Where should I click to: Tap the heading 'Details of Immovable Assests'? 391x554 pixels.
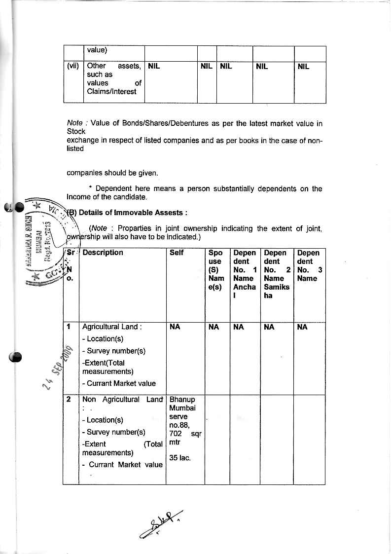click(x=133, y=213)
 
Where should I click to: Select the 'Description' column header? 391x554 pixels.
click(x=103, y=253)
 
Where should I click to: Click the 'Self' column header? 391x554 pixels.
click(x=177, y=253)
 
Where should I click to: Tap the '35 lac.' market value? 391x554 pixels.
click(x=180, y=458)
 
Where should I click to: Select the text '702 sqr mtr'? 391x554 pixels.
click(x=183, y=438)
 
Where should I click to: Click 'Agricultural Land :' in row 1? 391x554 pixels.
click(x=112, y=327)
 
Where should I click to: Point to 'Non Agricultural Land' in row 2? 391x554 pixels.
click(x=122, y=399)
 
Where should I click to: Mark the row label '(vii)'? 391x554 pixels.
click(x=73, y=66)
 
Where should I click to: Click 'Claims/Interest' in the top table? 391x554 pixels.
click(x=111, y=91)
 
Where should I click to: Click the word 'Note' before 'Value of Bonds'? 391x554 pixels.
click(x=74, y=123)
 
